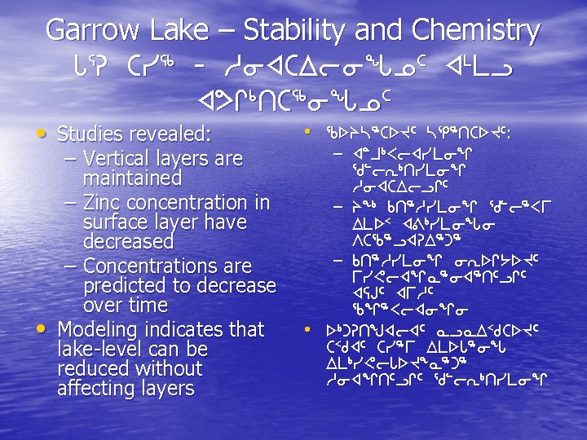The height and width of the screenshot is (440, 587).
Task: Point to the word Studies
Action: click(x=92, y=133)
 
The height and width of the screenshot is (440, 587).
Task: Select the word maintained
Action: click(x=132, y=178)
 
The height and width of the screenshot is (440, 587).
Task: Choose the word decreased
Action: click(x=128, y=242)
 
